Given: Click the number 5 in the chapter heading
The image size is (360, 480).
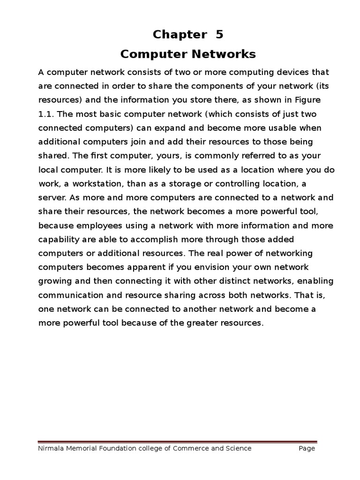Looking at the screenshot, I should click(x=219, y=35).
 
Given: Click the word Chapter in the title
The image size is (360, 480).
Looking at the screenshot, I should click(x=180, y=35).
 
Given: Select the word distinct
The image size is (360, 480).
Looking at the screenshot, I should click(x=232, y=281).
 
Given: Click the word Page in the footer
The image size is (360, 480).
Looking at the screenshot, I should click(x=307, y=449).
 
